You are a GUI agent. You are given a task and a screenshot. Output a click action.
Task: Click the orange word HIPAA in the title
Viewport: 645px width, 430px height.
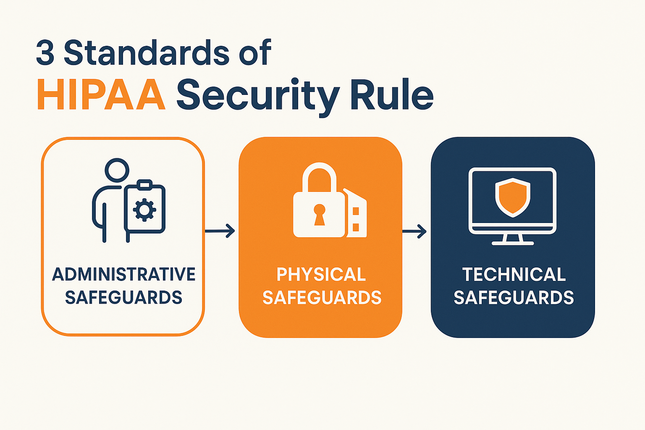101,94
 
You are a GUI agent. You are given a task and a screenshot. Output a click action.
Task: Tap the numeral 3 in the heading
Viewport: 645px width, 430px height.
45,53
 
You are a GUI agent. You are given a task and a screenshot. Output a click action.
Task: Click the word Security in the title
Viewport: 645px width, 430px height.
258,97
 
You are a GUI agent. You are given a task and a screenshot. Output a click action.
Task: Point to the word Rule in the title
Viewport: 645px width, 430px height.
392,94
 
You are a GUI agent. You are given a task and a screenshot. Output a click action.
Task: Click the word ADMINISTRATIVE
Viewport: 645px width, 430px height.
124,274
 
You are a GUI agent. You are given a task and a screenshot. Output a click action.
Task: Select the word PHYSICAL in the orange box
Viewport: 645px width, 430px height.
321,274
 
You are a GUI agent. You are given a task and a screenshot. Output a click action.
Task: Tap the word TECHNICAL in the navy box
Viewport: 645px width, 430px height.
514,274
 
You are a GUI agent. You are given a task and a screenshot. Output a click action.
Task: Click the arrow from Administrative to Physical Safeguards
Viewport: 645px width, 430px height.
220,231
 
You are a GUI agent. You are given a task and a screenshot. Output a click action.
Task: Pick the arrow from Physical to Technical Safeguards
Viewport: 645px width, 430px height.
414,231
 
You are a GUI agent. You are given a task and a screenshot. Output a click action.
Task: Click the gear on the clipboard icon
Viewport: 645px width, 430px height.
144,210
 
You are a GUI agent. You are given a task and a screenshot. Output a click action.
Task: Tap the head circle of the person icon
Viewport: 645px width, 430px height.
117,170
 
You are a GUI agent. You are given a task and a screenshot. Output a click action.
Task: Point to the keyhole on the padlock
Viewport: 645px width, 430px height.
319,215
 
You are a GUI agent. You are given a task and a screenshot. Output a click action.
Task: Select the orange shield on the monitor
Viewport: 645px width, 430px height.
513,198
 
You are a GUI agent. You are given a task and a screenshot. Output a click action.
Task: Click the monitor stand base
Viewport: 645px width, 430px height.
513,243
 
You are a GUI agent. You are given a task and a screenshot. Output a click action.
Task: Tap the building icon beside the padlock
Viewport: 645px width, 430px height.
355,213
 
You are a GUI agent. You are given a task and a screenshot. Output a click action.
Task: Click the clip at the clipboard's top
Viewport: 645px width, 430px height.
144,184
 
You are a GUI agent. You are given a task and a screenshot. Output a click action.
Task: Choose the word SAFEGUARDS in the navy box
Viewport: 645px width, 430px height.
514,298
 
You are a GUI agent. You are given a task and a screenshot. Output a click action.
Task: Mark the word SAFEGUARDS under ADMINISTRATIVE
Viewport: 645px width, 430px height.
124,298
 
